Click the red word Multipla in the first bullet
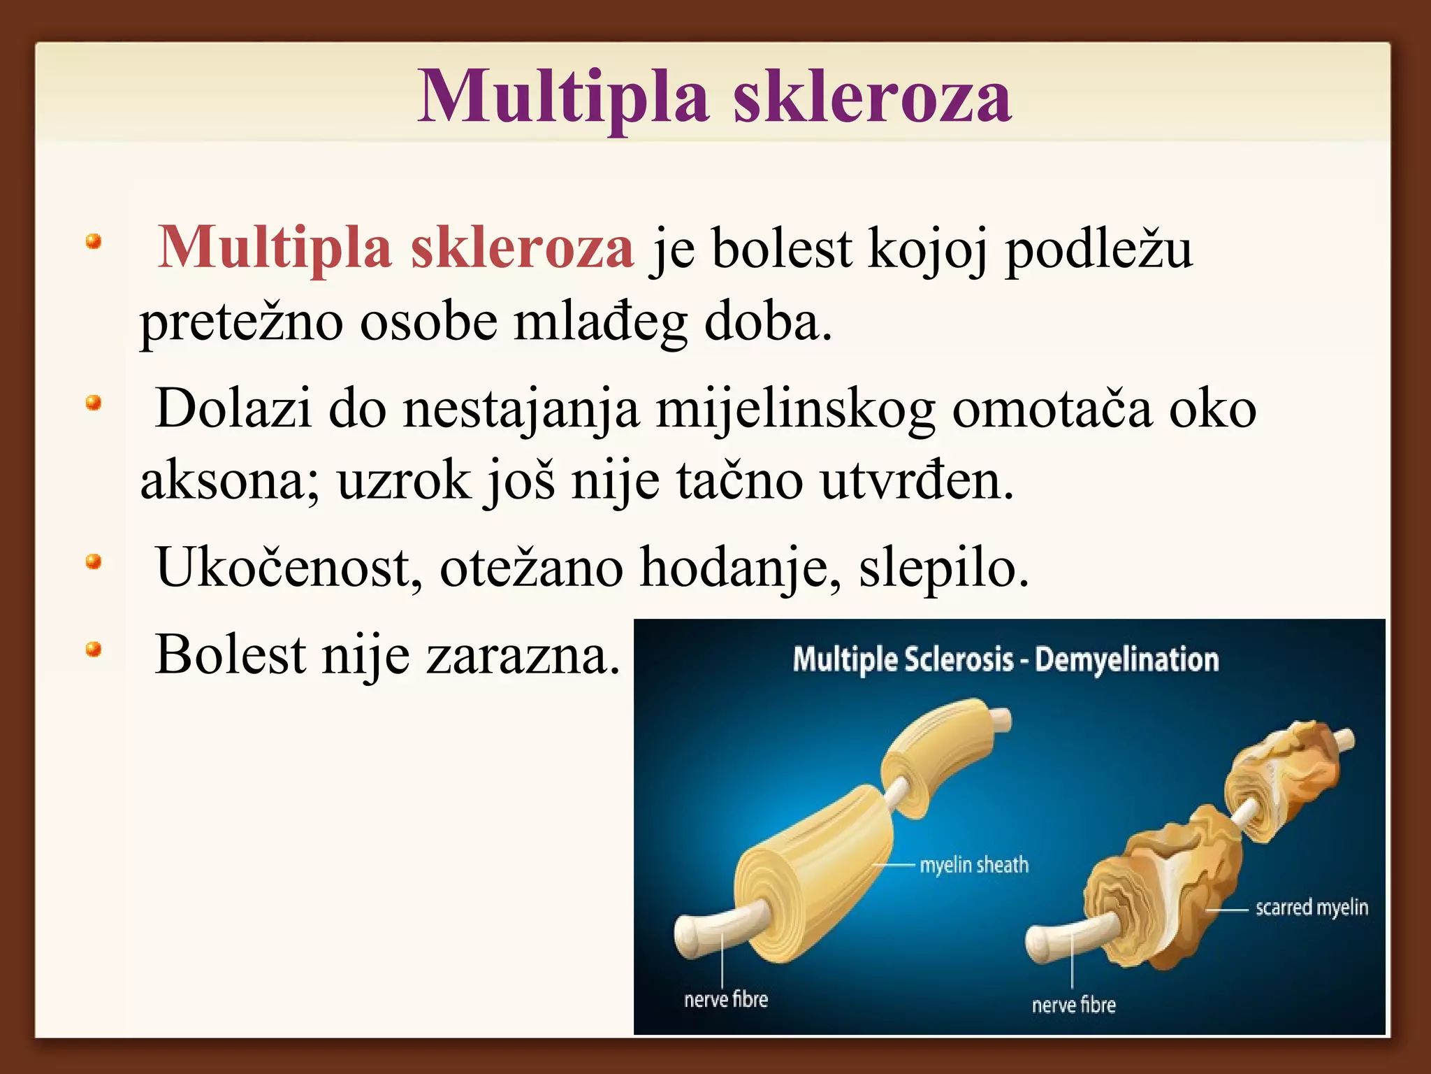[275, 248]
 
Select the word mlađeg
[600, 323]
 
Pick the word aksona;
[230, 482]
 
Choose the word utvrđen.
[916, 482]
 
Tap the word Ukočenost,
[289, 568]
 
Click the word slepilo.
[943, 568]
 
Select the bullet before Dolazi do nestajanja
[94, 403]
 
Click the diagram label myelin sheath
[974, 865]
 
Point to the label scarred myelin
[1312, 908]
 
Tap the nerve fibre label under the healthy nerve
[725, 999]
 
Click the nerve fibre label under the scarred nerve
[1073, 1005]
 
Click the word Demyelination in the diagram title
[1126, 660]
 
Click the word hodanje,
[741, 568]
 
